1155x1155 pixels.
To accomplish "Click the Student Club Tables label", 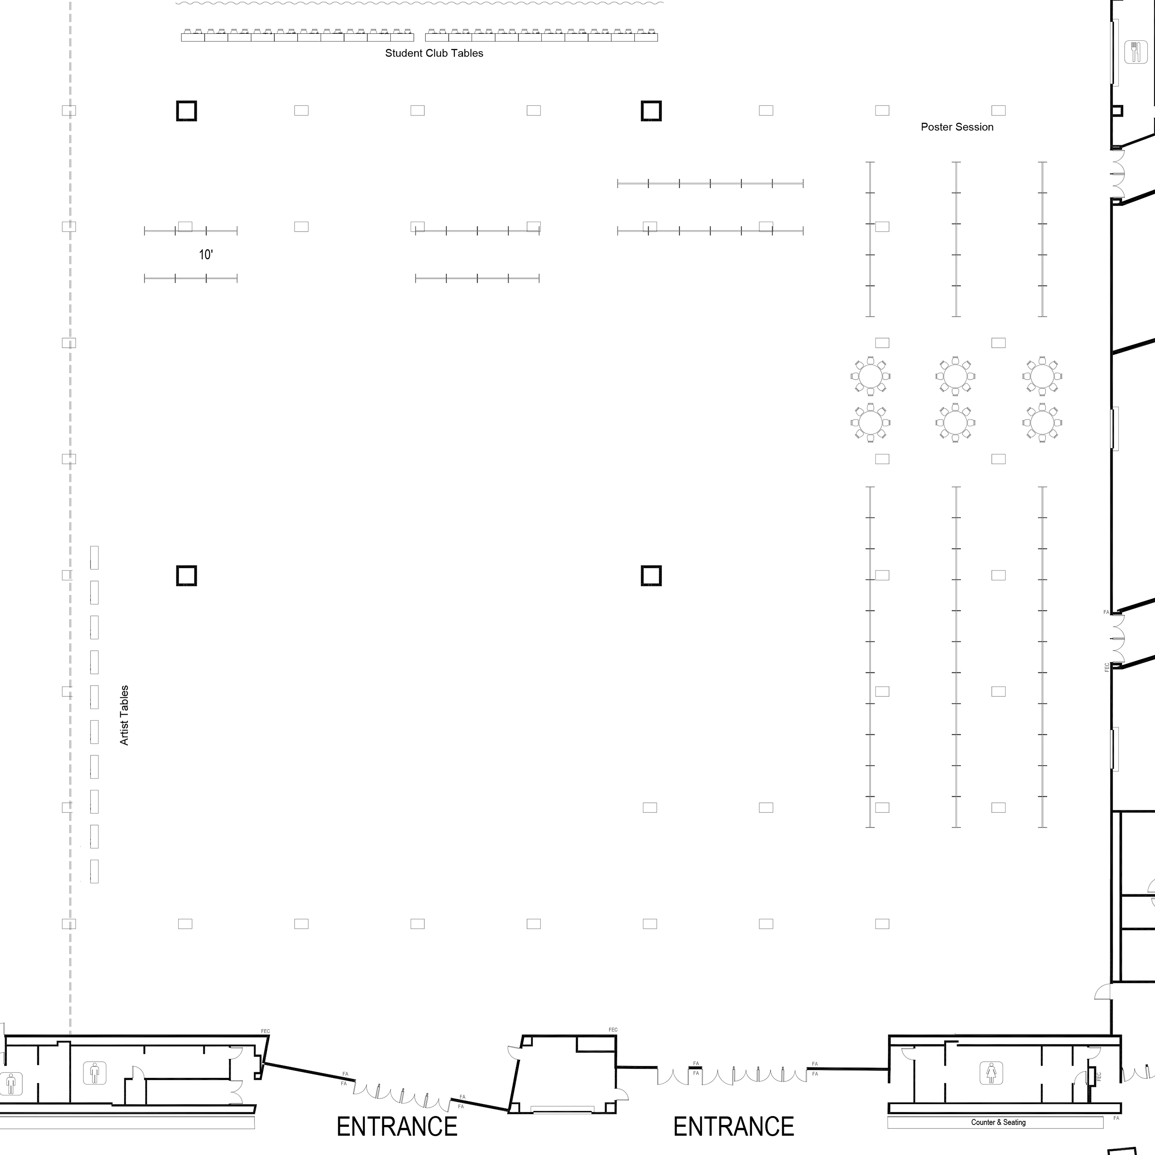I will pos(434,53).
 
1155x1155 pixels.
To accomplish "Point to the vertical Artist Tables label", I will pos(124,715).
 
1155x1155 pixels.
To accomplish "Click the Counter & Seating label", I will pos(998,1122).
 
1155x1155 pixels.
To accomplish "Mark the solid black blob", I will pos(208,254).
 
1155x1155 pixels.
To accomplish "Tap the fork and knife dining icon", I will pos(1136,52).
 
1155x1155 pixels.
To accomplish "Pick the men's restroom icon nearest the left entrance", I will pos(94,1073).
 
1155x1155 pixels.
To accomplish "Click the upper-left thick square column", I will pos(186,111).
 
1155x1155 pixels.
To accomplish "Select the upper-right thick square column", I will pos(651,111).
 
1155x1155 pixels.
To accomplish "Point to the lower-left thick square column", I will pos(186,576).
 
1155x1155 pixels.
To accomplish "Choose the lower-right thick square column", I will pos(651,576).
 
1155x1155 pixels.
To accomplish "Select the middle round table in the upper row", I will pos(955,377).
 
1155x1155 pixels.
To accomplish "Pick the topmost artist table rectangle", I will pos(94,557).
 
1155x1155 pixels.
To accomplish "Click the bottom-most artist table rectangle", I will pos(94,871).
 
